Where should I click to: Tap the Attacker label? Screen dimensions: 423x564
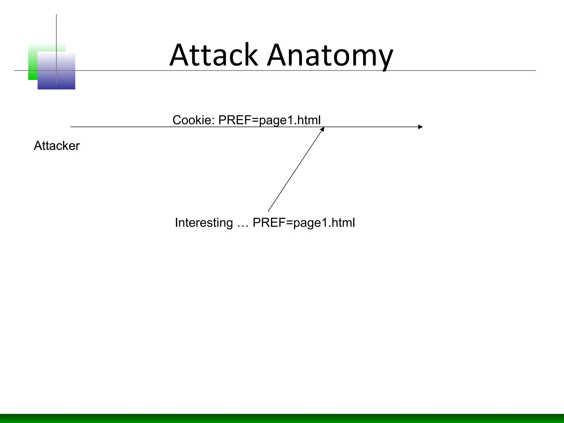56,146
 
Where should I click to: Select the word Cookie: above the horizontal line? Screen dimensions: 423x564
193,120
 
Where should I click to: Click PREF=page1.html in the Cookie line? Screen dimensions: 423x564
269,120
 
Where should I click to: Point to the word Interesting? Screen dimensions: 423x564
204,223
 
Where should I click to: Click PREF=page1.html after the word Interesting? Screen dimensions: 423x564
303,223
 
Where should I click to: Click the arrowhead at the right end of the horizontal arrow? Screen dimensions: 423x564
420,127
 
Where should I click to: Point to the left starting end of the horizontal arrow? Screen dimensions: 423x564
71,127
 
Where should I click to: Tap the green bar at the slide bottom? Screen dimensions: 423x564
282,418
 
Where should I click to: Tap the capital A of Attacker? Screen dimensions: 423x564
37,146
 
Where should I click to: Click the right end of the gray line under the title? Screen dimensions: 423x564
535,70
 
